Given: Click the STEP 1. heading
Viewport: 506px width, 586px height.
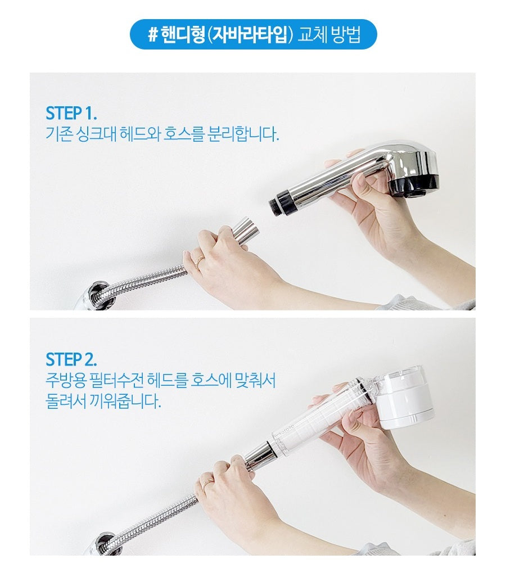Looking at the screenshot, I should click(x=71, y=113).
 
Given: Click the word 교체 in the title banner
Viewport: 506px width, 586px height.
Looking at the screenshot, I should click(x=314, y=35).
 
